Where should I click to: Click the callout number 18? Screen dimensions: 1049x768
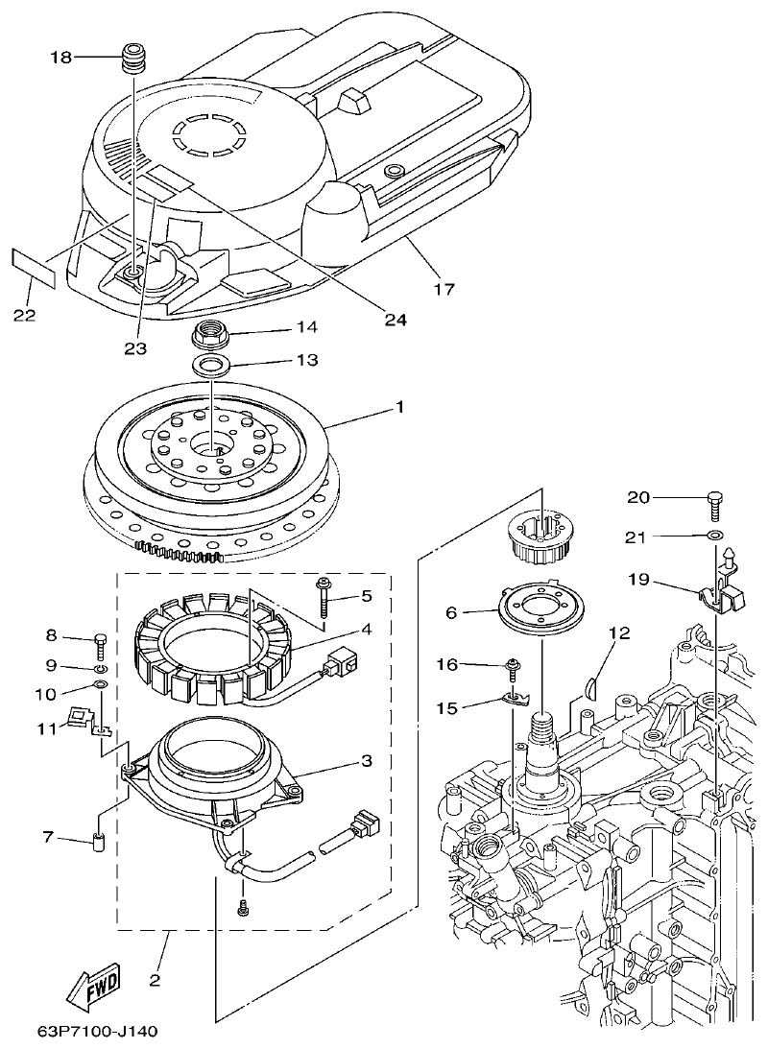(x=60, y=58)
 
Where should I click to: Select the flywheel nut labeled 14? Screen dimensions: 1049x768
(x=209, y=336)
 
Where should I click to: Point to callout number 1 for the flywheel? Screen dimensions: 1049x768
(x=398, y=408)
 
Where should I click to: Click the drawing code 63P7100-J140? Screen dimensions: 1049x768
(x=97, y=1032)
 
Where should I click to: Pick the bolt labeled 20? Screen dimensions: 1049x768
(x=714, y=499)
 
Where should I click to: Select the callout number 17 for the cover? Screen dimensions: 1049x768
(x=444, y=287)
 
